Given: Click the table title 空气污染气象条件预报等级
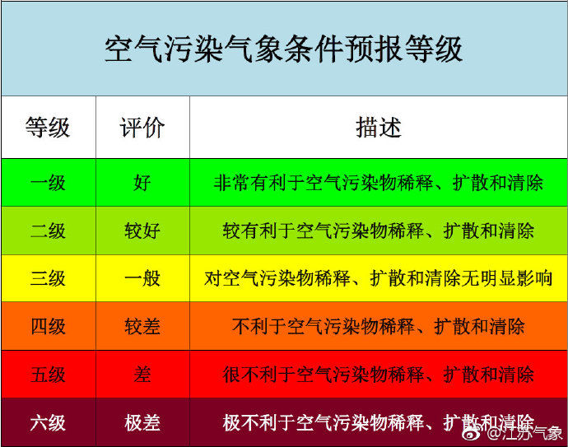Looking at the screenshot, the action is point(284,49).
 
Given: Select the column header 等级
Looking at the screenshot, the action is point(48,128).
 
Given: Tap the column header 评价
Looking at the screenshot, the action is point(142,128).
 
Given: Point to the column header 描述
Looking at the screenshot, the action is point(379,128).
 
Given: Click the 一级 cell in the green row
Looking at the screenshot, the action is point(49,183).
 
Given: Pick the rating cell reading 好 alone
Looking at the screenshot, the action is point(142,183).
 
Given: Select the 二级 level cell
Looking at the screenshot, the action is point(49,230).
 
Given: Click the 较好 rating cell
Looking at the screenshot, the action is point(142,230).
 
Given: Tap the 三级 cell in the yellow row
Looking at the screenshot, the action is point(49,278).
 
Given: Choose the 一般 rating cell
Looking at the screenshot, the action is point(142,278).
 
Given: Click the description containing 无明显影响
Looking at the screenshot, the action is point(378,278).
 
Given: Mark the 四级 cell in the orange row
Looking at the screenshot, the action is point(49,326).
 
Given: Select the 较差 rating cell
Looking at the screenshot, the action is point(142,326).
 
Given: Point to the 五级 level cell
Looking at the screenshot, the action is point(49,375).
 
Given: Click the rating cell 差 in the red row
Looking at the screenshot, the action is point(142,375).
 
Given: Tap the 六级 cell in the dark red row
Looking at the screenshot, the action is point(49,423).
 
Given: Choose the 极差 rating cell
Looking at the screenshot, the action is point(142,423).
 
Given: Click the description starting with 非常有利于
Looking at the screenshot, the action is point(378,183).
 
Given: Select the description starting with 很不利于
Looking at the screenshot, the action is point(378,375).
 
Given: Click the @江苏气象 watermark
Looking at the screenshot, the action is point(514,433).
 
